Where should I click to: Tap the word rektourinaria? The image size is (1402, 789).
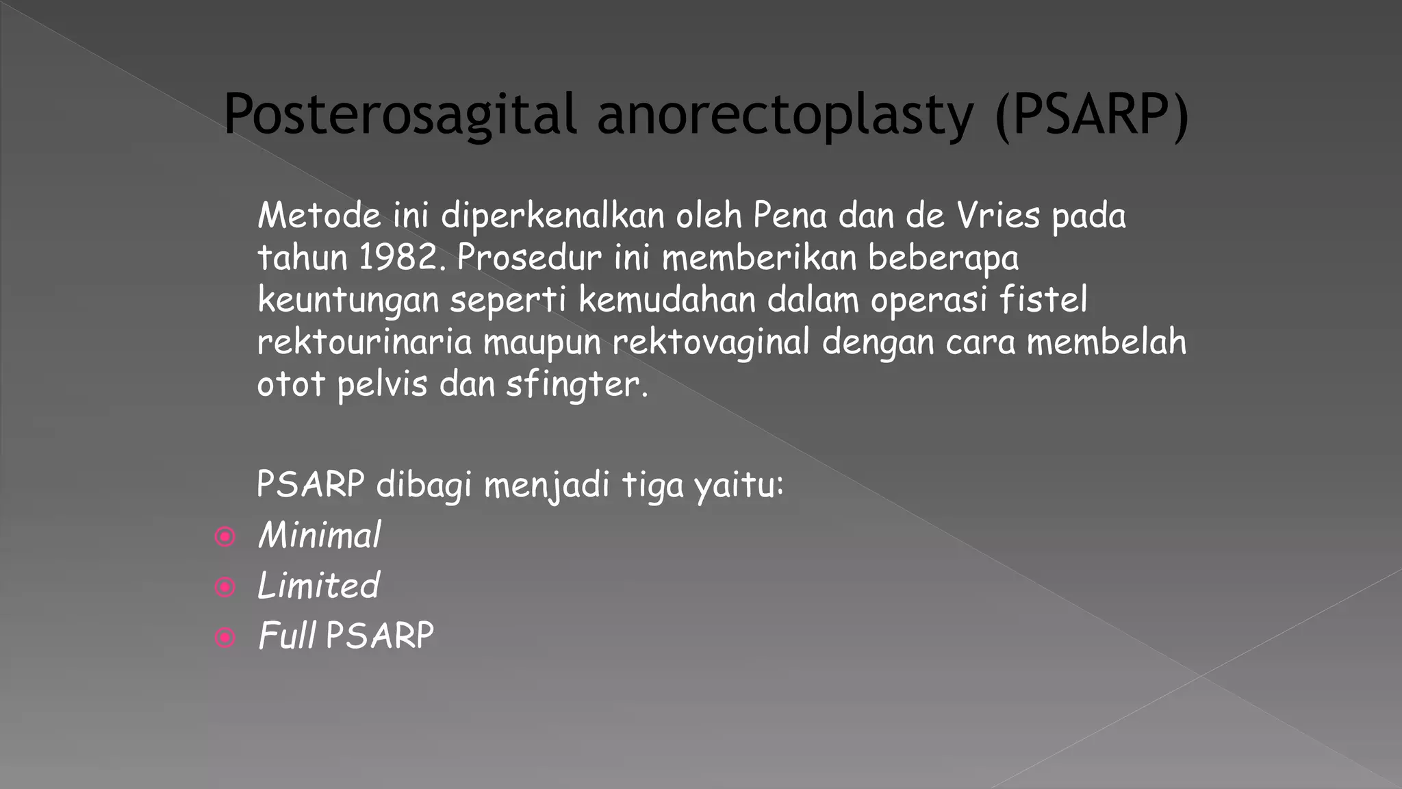[x=365, y=342]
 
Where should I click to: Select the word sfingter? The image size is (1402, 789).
[x=576, y=384]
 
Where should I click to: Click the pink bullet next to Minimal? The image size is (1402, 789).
[x=225, y=537]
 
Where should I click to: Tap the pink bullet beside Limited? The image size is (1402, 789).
[x=225, y=587]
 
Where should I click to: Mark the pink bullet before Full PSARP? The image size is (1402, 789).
[x=225, y=638]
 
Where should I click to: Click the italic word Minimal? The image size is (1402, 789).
[x=319, y=535]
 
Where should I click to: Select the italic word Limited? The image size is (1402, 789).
[x=318, y=586]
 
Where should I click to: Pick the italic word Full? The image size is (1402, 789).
[x=287, y=636]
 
